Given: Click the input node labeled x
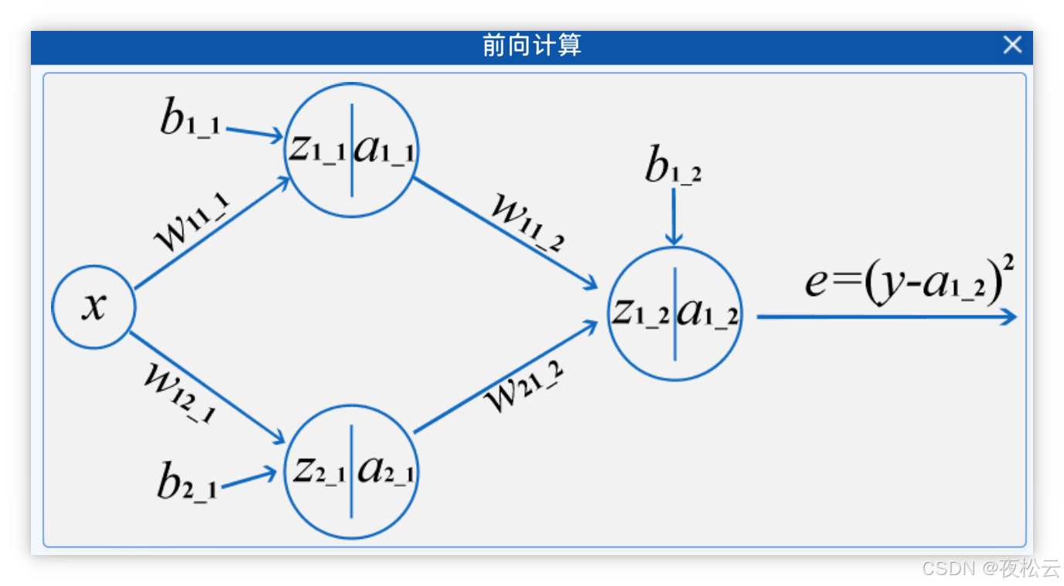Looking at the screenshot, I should (x=94, y=307).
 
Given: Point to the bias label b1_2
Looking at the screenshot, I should (x=673, y=165).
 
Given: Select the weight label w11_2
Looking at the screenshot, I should (x=528, y=224).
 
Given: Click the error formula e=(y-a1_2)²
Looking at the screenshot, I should (x=909, y=281).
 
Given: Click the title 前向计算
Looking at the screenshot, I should (x=531, y=46).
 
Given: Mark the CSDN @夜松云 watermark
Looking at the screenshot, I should (x=990, y=567).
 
